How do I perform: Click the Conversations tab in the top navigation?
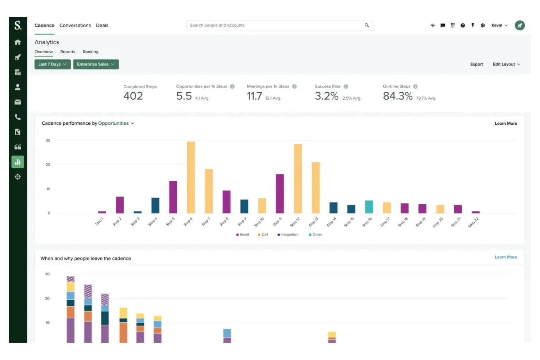pyautogui.click(x=75, y=26)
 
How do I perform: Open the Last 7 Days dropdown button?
pyautogui.click(x=52, y=64)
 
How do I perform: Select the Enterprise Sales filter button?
pyautogui.click(x=96, y=64)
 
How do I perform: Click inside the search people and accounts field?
pyautogui.click(x=274, y=26)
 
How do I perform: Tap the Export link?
pyautogui.click(x=476, y=64)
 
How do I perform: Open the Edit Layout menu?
pyautogui.click(x=506, y=64)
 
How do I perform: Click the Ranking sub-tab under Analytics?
pyautogui.click(x=90, y=52)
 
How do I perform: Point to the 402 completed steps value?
pyautogui.click(x=133, y=96)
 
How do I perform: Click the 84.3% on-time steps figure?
pyautogui.click(x=397, y=96)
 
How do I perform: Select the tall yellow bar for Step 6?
pyautogui.click(x=191, y=177)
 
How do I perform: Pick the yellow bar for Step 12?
pyautogui.click(x=298, y=179)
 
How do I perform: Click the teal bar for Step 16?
pyautogui.click(x=369, y=207)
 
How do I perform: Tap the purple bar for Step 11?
pyautogui.click(x=280, y=194)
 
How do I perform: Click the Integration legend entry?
pyautogui.click(x=288, y=235)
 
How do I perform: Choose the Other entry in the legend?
pyautogui.click(x=316, y=235)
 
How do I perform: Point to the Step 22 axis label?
pyautogui.click(x=473, y=222)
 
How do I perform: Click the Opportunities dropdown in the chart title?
pyautogui.click(x=116, y=123)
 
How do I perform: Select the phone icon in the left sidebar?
pyautogui.click(x=18, y=117)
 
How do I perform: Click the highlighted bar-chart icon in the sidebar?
pyautogui.click(x=18, y=162)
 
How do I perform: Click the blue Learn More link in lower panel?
pyautogui.click(x=505, y=257)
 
